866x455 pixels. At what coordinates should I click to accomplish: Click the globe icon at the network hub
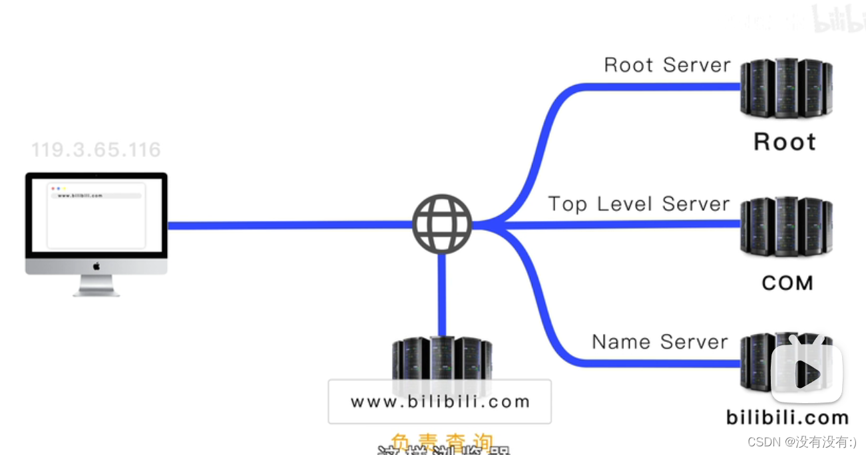tap(442, 224)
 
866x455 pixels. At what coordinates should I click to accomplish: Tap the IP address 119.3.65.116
tap(96, 150)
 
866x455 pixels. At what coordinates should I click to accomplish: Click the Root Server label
tap(667, 65)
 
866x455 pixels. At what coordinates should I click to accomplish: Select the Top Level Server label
tap(639, 204)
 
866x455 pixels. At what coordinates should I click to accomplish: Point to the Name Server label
tap(660, 342)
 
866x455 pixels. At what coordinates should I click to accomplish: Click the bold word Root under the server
tap(785, 142)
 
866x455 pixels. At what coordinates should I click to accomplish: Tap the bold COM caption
tap(787, 283)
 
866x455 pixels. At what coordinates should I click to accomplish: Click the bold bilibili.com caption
tap(787, 418)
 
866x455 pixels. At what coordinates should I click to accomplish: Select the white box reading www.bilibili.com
tap(439, 402)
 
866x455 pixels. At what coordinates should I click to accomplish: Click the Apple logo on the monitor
tap(96, 266)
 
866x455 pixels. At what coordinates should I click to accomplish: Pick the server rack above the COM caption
tap(786, 227)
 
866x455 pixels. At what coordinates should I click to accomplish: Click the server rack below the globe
tap(441, 359)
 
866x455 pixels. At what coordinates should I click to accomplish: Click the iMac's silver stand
tap(96, 285)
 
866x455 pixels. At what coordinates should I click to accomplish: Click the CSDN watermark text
tap(801, 441)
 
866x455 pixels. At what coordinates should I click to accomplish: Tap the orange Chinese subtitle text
tap(442, 441)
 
